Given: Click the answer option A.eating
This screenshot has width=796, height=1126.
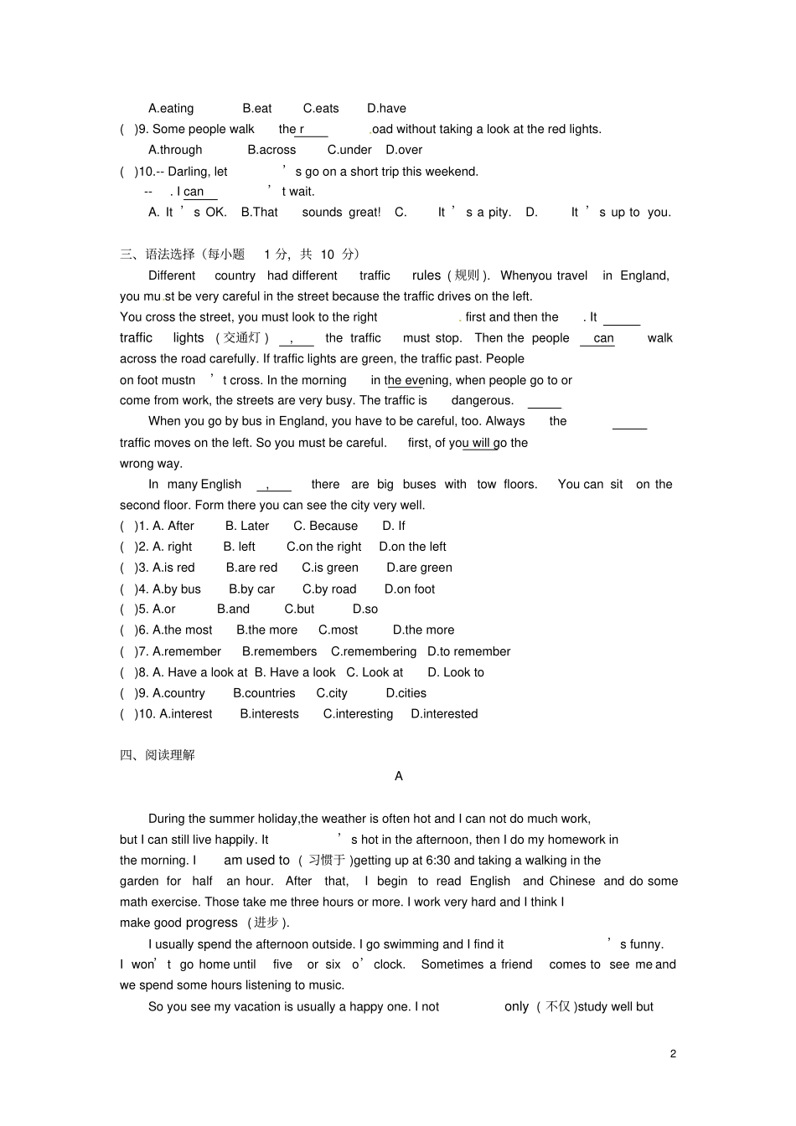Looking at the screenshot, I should pos(171,108).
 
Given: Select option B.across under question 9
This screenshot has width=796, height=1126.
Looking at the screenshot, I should pos(271,150).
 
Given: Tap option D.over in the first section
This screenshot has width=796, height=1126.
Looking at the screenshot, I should pos(404,150).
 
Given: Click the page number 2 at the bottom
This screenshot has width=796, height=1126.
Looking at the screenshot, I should pos(673,1053).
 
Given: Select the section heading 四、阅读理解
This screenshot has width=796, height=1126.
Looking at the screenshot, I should pos(158,755).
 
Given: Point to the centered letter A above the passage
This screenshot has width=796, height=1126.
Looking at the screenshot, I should pos(399,776).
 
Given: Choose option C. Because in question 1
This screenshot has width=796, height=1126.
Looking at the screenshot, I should pos(325,526).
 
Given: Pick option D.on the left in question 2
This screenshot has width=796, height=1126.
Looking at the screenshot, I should pos(412,547).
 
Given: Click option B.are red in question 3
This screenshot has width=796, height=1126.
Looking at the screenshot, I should pos(251,568).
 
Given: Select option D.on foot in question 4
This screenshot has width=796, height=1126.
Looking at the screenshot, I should pos(410,589).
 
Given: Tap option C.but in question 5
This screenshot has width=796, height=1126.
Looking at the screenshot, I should pos(299,609).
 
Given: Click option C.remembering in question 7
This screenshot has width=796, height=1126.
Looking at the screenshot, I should pos(374,651).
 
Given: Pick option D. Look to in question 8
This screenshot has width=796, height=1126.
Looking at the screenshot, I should pos(456,672).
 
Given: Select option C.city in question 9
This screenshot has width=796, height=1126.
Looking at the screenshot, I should pos(332,693).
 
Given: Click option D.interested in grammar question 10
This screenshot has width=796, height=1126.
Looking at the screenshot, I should pos(444,714).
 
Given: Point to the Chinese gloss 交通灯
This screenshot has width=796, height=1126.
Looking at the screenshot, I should pos(242,338).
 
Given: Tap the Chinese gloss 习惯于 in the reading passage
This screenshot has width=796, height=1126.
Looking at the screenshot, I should pos(327,861).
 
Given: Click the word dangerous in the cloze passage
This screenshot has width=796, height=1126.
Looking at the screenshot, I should pos(483,400).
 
